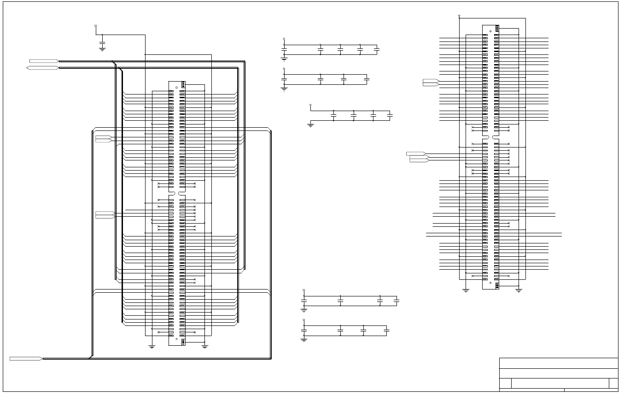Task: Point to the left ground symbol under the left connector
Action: [x=152, y=346]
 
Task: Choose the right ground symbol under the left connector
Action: [x=205, y=346]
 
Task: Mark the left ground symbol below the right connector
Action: [x=466, y=290]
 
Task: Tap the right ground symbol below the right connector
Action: [x=519, y=290]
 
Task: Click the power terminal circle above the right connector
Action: [x=459, y=16]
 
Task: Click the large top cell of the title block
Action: [x=559, y=363]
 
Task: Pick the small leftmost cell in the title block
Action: [x=505, y=384]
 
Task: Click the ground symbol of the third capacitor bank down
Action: [x=310, y=124]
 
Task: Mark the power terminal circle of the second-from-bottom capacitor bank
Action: [x=304, y=290]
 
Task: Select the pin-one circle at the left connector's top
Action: [x=176, y=88]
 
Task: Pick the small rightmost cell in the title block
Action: [x=613, y=384]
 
